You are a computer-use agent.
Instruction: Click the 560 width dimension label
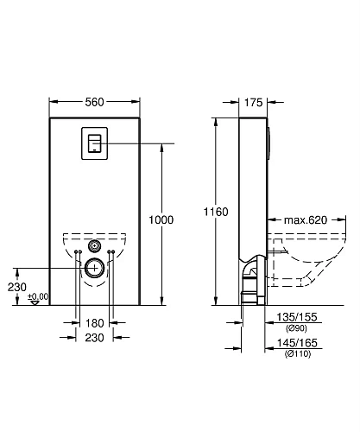tap(94, 102)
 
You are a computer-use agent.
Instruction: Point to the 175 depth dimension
tap(252, 102)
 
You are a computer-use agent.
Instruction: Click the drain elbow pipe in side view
tap(250, 276)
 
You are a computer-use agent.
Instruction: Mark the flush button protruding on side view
tap(270, 143)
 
